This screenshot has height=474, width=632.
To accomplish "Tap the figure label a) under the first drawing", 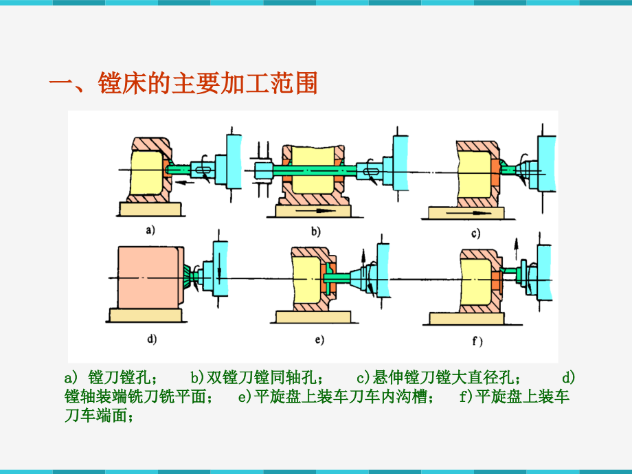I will coord(150,232).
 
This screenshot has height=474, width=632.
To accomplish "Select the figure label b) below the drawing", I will coord(315,232).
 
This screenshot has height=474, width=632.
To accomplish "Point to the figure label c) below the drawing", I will coord(474,234).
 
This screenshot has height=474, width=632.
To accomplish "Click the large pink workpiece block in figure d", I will coord(148,275).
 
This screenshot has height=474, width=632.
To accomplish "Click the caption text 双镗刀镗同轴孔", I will coord(261,377).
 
